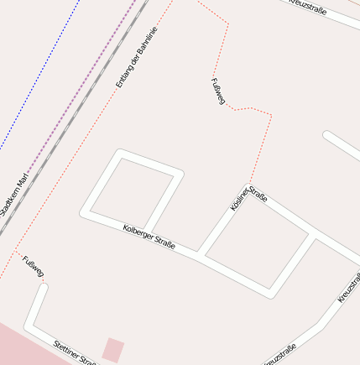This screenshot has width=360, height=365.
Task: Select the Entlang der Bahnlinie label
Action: (136, 57)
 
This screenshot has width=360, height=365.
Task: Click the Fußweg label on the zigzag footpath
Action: (218, 91)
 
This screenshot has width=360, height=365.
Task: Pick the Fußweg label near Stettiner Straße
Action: (34, 267)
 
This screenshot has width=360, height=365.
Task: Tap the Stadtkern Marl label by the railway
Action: (14, 195)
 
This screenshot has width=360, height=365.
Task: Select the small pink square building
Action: (113, 349)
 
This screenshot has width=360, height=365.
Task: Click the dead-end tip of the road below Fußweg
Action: (43, 289)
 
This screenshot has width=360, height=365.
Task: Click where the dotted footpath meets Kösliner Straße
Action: (249, 185)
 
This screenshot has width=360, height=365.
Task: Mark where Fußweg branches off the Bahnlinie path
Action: (14, 250)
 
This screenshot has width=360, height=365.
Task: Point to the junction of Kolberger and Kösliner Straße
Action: (201, 253)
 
